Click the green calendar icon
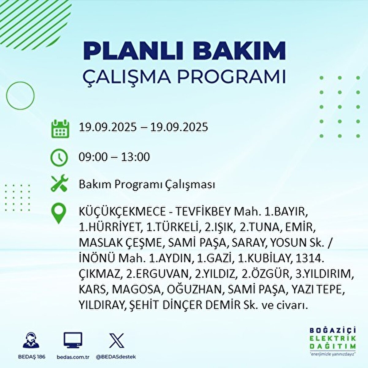point(60,129)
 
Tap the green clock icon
point(59,158)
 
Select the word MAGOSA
point(136,290)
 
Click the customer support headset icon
point(31,340)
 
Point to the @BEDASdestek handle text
point(116,357)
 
